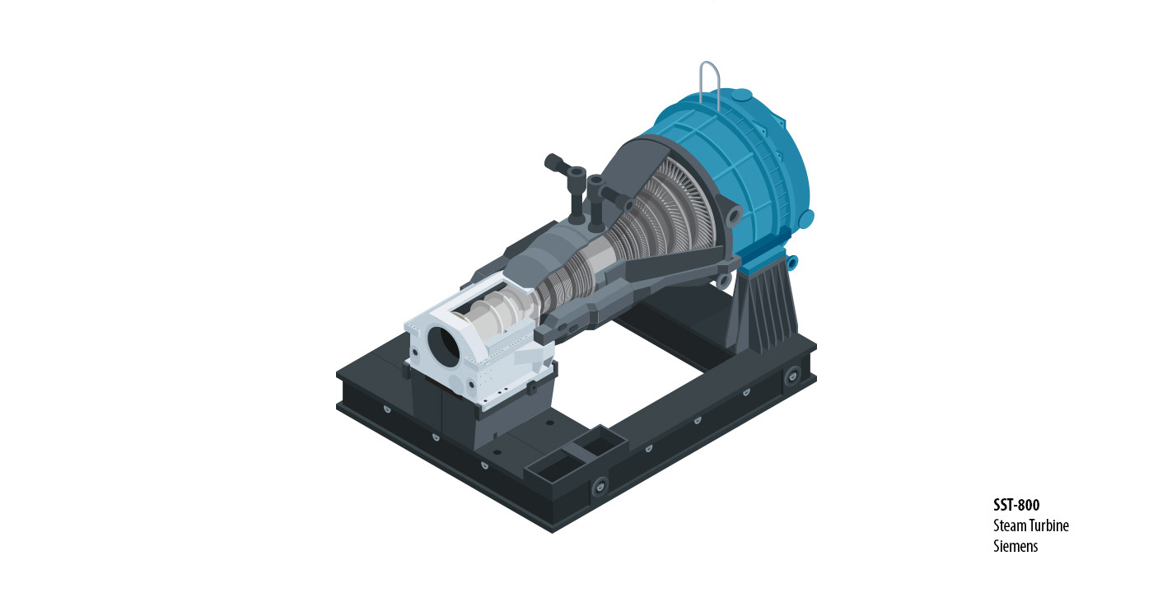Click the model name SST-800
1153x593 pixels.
tap(1016, 504)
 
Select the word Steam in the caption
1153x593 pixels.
tap(1007, 525)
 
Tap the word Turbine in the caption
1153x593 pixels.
tap(1047, 525)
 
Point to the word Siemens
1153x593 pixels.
tap(1015, 545)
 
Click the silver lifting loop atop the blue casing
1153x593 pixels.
tap(709, 82)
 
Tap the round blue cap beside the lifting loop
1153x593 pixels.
tap(741, 95)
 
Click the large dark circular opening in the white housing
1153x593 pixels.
tap(443, 347)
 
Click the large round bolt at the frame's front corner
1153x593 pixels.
tap(600, 485)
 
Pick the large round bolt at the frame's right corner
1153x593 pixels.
tap(791, 376)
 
